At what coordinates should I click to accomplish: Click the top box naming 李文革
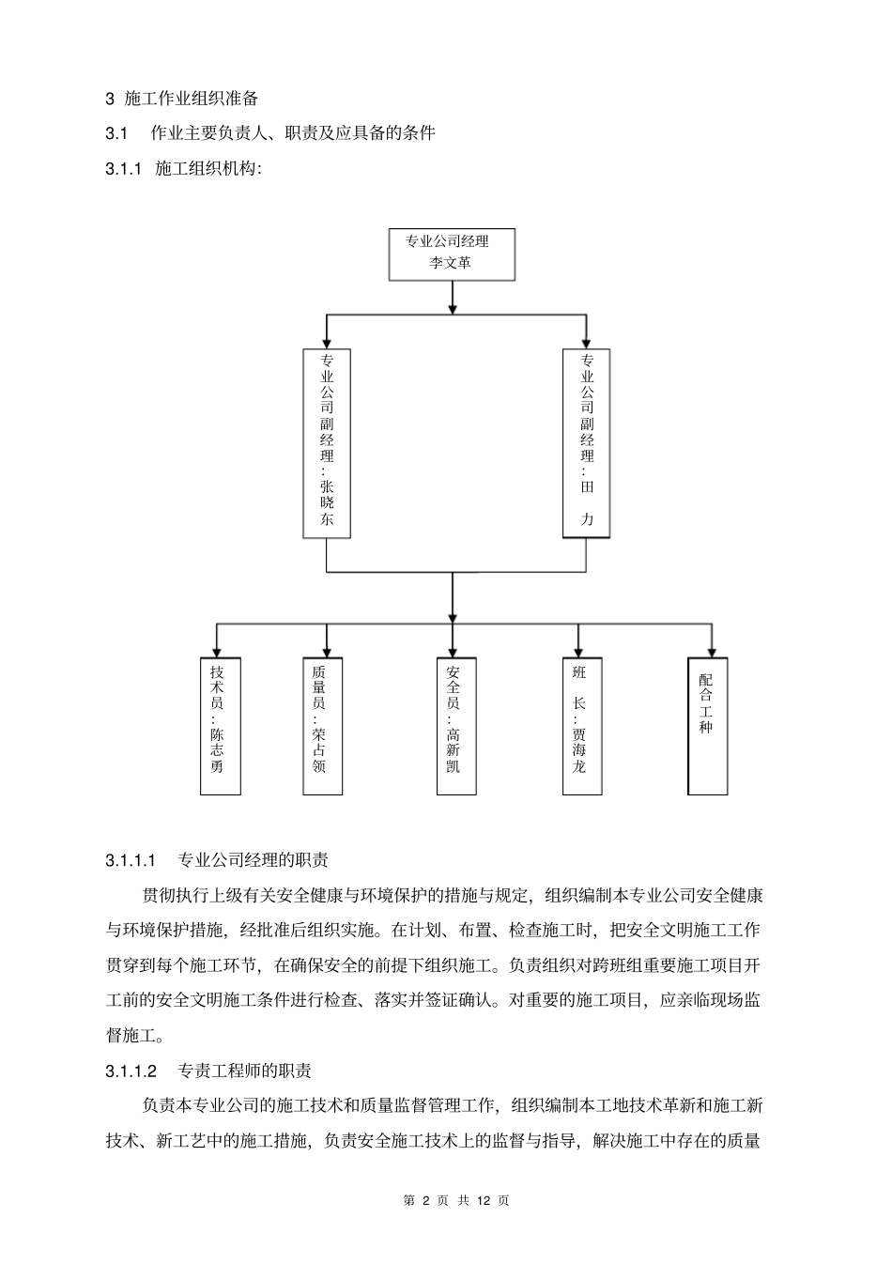coord(452,253)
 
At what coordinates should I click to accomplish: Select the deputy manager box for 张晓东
coord(327,443)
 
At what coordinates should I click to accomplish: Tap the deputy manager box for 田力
coord(586,443)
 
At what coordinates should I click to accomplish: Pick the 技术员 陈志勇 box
coord(219,726)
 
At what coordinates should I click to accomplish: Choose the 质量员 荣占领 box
coord(320,726)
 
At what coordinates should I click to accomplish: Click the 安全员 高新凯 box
coord(453,726)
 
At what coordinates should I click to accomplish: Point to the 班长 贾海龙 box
coord(580,726)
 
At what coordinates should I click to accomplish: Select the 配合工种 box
coord(708,726)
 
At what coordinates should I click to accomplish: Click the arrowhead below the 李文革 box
coord(453,307)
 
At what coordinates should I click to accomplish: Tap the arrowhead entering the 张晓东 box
coord(327,344)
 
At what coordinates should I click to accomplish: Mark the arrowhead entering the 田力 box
coord(586,344)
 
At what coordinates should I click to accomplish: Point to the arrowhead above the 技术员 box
coord(218,651)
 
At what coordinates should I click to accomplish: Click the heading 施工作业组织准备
coord(192,98)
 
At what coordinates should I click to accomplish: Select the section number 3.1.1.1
coord(131,859)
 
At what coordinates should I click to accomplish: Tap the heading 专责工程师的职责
coord(245,1071)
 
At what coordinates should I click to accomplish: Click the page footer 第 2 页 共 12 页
coord(455,1200)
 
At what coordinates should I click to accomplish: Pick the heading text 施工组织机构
coord(207,169)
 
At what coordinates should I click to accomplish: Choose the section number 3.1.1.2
coord(131,1071)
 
